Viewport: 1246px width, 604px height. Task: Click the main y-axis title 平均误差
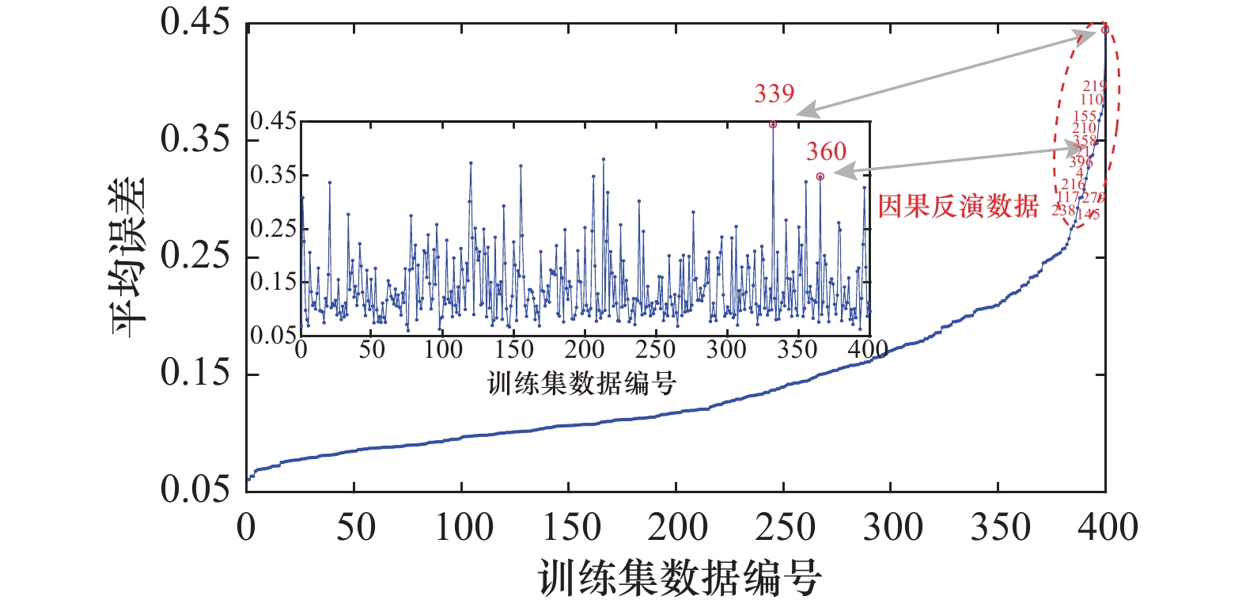pos(130,256)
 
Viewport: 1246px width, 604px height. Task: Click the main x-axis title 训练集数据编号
pos(680,577)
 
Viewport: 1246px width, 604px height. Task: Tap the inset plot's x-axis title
pos(581,384)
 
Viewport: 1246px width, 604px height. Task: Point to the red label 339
pos(774,94)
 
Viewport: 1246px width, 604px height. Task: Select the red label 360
pos(826,151)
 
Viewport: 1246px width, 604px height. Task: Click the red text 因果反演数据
pos(958,207)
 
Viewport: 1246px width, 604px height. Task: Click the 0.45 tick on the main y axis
pos(195,23)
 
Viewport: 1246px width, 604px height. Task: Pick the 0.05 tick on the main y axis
pos(195,490)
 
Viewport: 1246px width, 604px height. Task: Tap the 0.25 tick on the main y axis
pos(195,256)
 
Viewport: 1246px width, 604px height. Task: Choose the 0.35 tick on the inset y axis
pos(274,175)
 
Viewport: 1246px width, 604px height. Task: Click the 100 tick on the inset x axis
pos(442,349)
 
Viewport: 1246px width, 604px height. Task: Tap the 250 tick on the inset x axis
pos(655,349)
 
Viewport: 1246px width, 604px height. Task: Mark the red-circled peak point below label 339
pos(773,124)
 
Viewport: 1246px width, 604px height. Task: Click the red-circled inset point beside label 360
pos(820,177)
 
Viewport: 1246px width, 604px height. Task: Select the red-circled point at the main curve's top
pos(1105,30)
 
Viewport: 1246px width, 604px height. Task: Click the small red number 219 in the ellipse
pos(1094,85)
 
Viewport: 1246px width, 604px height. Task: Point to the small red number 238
pos(1062,210)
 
